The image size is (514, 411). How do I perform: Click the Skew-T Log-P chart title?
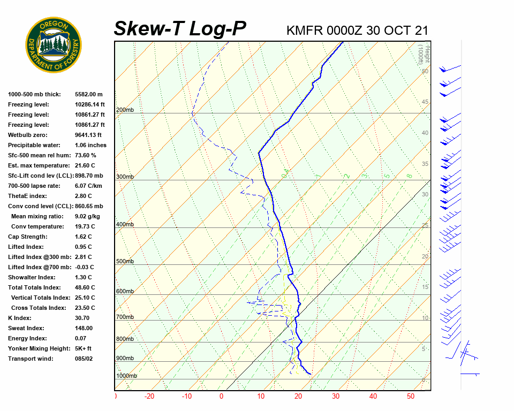[x=180, y=29]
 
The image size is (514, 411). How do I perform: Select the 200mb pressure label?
[x=125, y=110]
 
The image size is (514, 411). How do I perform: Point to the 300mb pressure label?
[x=125, y=177]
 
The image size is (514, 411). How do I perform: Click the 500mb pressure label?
[x=125, y=262]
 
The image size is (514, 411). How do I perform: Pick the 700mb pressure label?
[x=125, y=317]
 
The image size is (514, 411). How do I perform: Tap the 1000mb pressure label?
[x=126, y=376]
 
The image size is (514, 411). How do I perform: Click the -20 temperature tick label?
[x=149, y=397]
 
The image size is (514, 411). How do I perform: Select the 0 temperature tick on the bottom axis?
[x=221, y=397]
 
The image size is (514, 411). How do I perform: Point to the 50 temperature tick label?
[x=411, y=397]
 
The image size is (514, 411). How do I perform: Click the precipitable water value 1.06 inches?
[x=90, y=145]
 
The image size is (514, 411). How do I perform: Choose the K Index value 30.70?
[x=83, y=318]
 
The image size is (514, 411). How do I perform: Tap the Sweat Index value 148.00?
[x=84, y=328]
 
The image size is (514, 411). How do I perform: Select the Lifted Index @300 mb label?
[x=40, y=257]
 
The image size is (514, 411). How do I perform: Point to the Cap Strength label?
[x=28, y=237]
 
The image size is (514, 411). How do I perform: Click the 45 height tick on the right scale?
[x=425, y=102]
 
